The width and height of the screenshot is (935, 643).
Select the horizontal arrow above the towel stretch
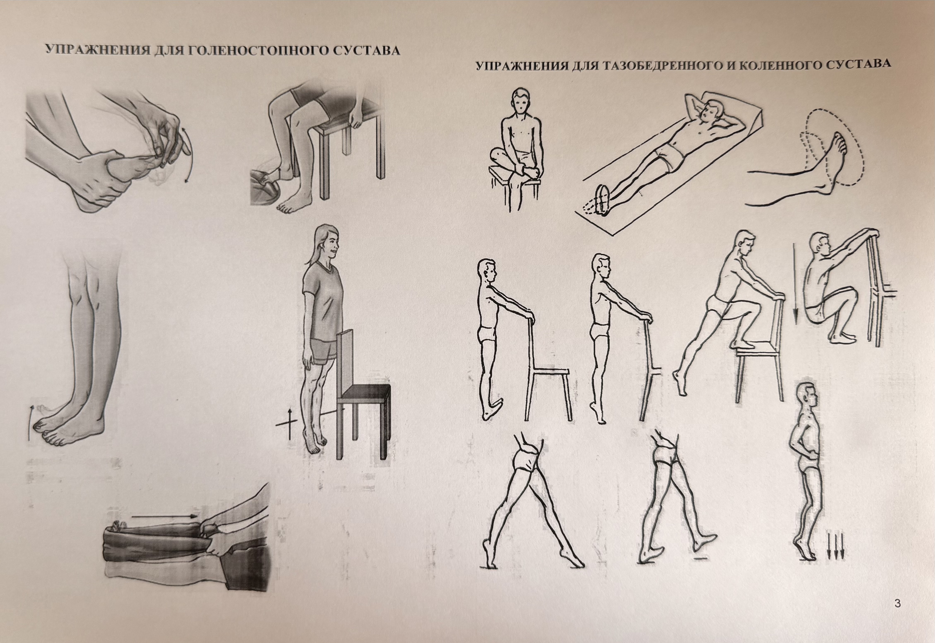coord(164,516)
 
